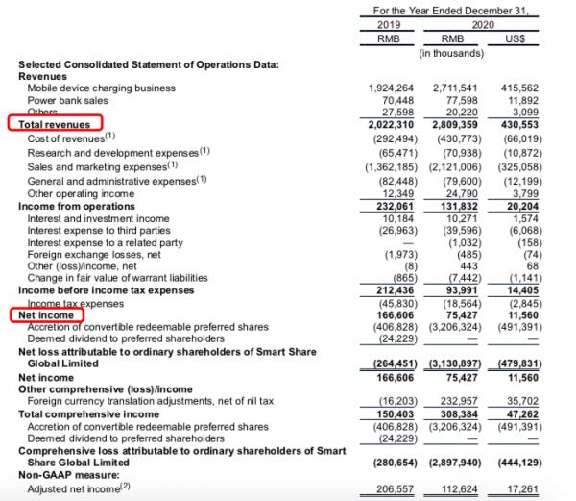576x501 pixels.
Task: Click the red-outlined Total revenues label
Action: click(x=56, y=125)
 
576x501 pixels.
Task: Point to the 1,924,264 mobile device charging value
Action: click(x=396, y=88)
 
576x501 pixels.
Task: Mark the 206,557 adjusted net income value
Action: click(x=398, y=489)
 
